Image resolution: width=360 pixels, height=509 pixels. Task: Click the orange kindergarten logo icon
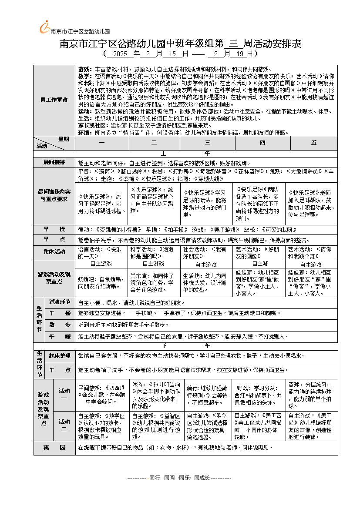point(44,27)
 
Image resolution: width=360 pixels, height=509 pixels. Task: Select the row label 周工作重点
point(54,100)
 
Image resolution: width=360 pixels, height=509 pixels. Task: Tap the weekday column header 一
point(101,143)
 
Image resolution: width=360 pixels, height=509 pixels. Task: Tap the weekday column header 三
point(207,143)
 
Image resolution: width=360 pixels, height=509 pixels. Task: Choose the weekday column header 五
point(314,143)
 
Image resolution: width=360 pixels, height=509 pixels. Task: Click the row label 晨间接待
point(54,163)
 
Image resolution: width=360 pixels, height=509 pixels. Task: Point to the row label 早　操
point(54,229)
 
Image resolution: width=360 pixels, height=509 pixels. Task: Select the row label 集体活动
point(54,252)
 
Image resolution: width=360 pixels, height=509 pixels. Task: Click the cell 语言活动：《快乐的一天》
point(101,252)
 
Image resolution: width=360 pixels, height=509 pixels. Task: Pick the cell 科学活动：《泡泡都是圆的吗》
point(154,252)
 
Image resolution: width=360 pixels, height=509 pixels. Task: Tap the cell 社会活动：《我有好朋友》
point(207,252)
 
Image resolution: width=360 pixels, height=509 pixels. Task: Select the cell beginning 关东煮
point(154,282)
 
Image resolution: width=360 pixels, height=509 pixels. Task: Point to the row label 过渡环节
point(60,302)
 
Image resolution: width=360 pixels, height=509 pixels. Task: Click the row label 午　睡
point(60,336)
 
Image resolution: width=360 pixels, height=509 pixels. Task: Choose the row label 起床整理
point(60,356)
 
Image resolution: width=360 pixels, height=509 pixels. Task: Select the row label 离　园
point(54,448)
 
